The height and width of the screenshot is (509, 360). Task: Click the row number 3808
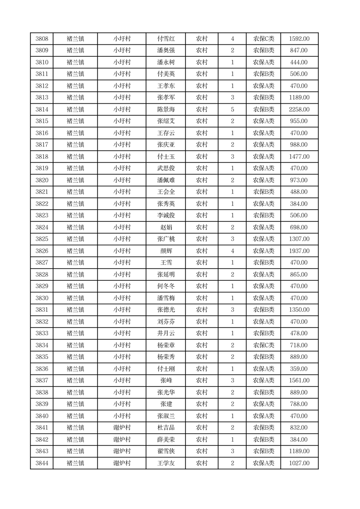[42, 39]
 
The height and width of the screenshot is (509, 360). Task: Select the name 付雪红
[165, 39]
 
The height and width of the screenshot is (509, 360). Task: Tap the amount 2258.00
[299, 109]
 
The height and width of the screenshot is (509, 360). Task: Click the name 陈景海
[165, 109]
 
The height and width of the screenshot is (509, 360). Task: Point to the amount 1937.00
[299, 251]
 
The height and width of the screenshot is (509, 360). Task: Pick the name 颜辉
[165, 251]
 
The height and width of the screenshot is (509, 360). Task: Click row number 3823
[42, 215]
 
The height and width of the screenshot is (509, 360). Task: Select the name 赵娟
[165, 227]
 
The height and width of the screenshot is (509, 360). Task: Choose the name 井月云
[165, 333]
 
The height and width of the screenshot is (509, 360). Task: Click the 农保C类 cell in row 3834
[263, 345]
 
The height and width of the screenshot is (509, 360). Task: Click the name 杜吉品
[165, 428]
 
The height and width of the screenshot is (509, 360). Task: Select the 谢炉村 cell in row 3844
[122, 463]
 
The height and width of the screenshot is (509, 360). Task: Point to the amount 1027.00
[299, 463]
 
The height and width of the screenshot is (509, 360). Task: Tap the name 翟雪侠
[165, 451]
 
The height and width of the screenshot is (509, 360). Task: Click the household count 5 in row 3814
[233, 109]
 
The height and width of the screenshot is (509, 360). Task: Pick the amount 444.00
[299, 63]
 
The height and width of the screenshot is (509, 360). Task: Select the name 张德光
[165, 310]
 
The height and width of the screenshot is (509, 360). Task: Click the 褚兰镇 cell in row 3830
[75, 298]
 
